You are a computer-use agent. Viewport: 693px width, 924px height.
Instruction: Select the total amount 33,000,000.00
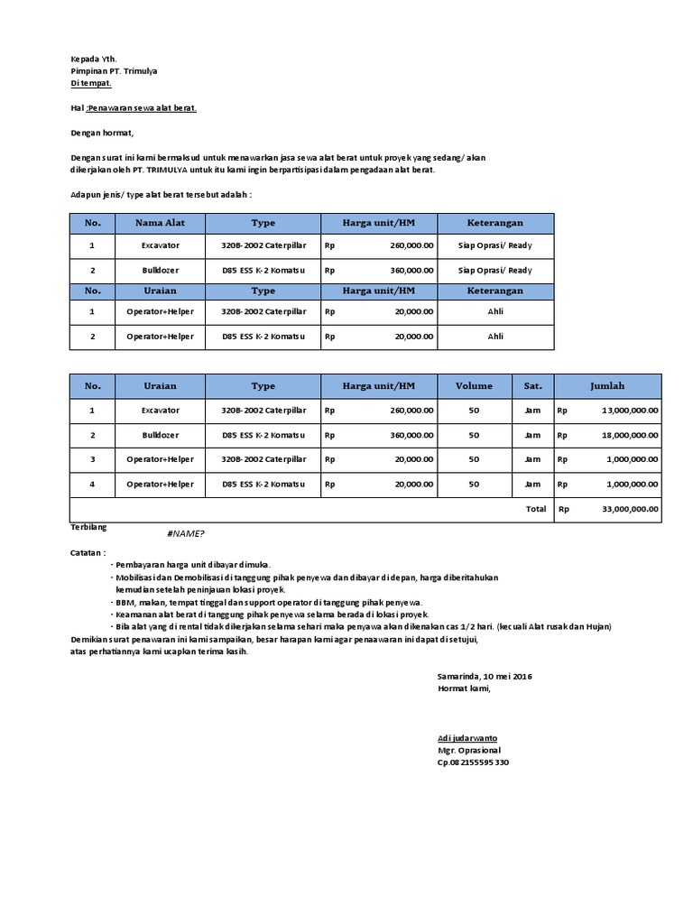click(x=630, y=509)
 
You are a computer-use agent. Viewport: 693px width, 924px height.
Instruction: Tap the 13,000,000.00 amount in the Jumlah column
click(x=630, y=411)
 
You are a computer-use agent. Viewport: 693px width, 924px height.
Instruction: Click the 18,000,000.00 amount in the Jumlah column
click(x=630, y=435)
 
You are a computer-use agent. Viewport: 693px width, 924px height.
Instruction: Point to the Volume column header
click(x=474, y=386)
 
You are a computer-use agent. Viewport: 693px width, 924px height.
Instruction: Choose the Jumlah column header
click(x=607, y=386)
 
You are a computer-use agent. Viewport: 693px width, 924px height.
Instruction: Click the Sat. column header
click(x=532, y=386)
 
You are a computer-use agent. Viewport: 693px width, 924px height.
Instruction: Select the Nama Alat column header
click(x=160, y=223)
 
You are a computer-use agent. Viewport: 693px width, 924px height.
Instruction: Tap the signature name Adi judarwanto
click(x=467, y=738)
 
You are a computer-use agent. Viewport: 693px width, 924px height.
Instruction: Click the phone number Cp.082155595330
click(x=473, y=762)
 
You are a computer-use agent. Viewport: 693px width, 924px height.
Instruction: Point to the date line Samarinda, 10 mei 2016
click(x=484, y=676)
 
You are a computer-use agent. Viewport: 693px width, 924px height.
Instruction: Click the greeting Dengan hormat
click(x=102, y=134)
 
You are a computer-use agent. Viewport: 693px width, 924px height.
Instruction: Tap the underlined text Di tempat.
click(x=91, y=83)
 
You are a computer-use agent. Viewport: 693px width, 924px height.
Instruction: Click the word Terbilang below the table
click(x=88, y=526)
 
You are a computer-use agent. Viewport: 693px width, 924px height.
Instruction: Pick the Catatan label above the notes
click(x=88, y=551)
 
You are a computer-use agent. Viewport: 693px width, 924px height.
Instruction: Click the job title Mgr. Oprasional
click(x=468, y=750)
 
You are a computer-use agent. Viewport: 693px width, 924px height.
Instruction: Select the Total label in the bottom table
click(x=536, y=509)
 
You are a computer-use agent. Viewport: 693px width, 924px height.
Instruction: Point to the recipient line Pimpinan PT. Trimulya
click(x=113, y=71)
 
